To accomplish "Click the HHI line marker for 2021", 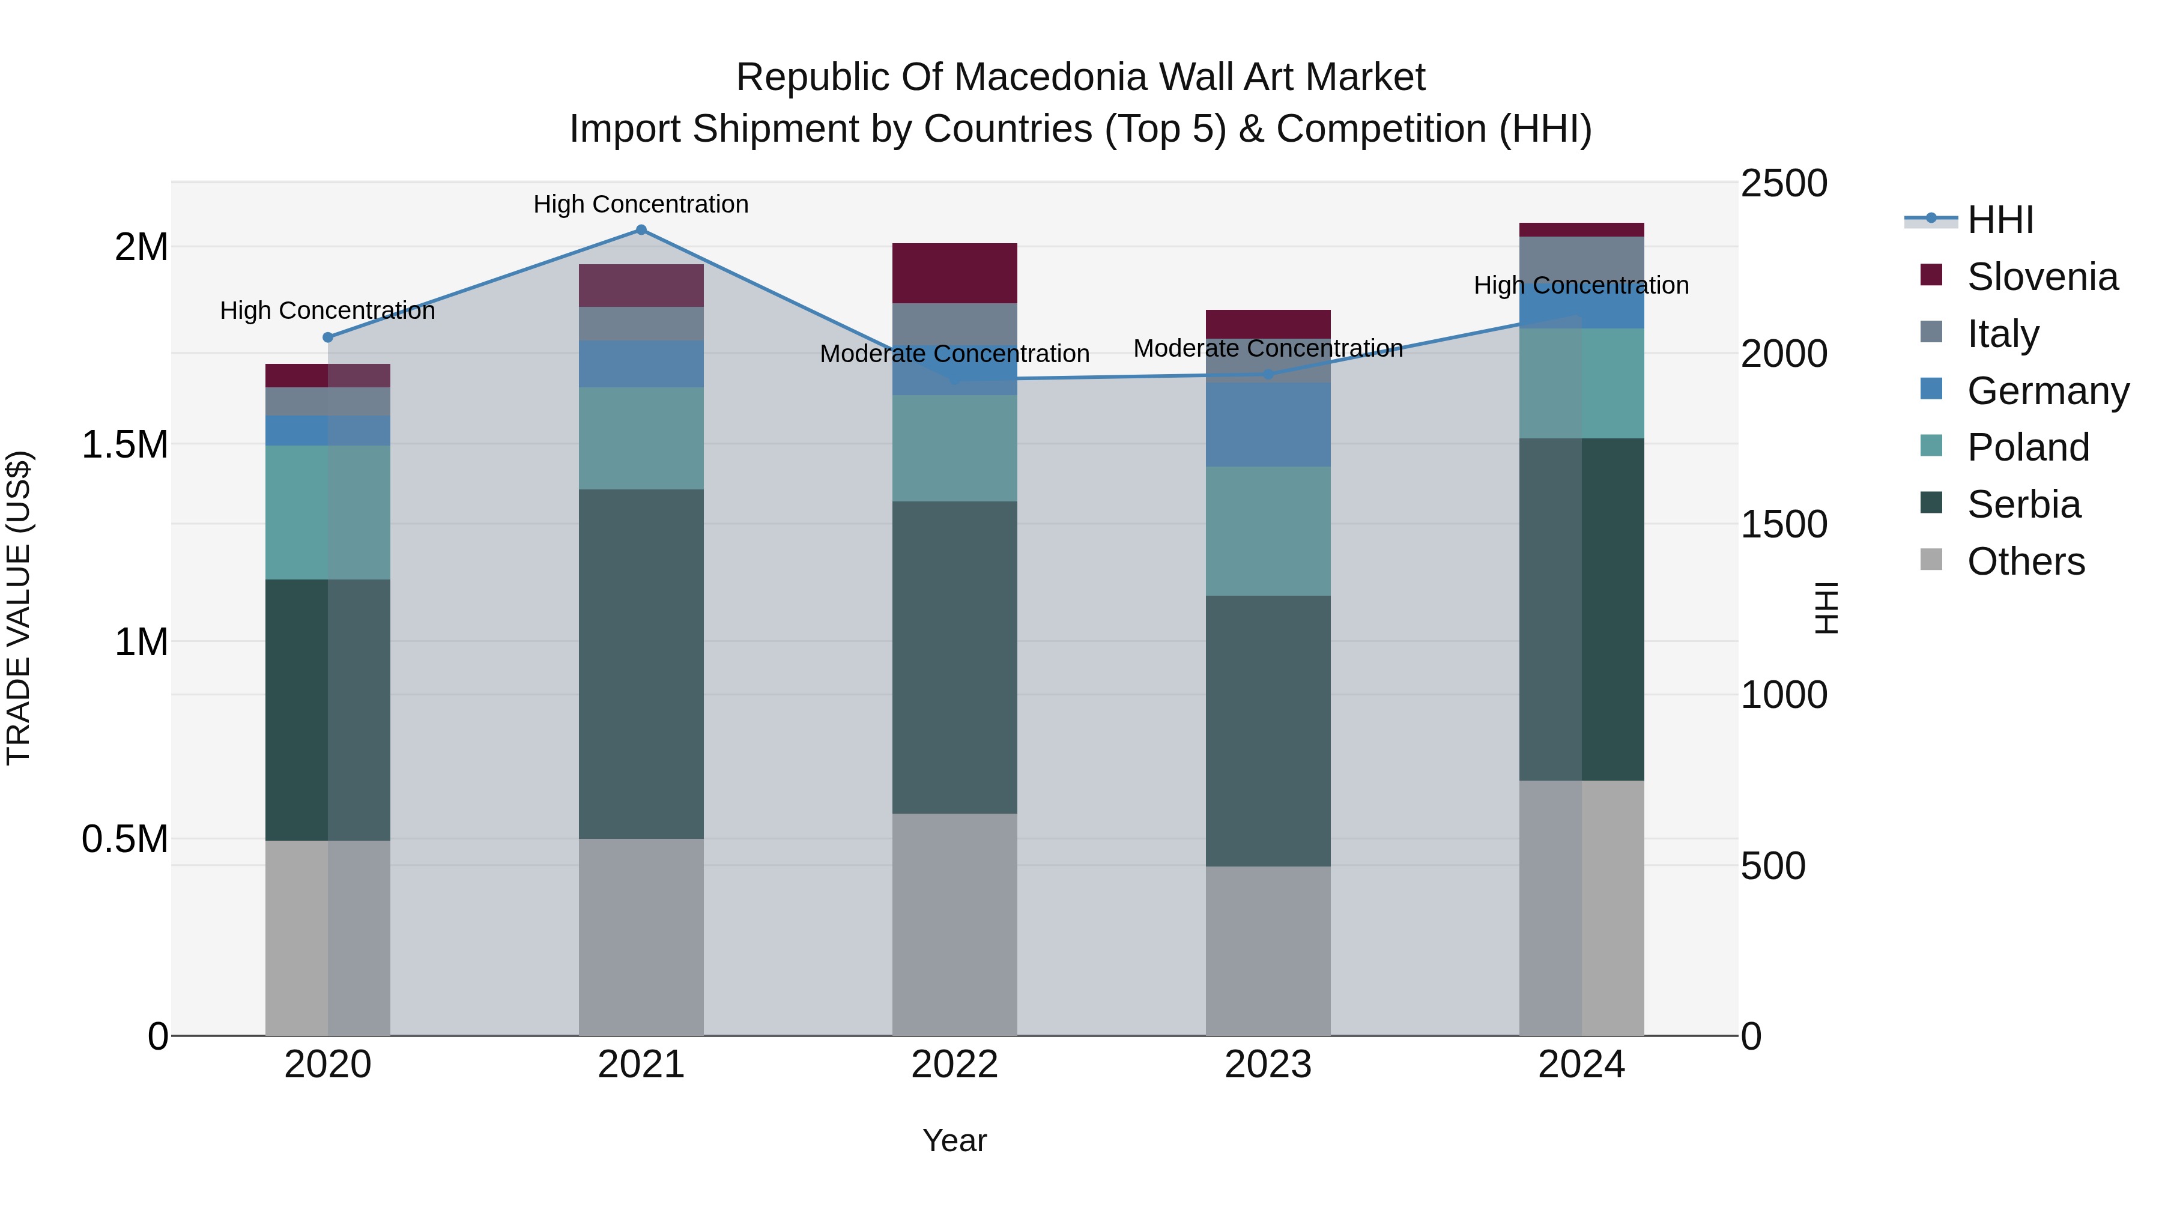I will tap(641, 229).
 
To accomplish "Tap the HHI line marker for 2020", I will tap(328, 337).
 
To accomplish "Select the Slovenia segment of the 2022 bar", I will tap(954, 273).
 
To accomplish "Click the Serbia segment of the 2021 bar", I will tap(641, 663).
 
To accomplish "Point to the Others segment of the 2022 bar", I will tap(954, 923).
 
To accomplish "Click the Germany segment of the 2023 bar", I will tap(1268, 424).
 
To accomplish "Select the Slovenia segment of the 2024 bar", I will tap(1581, 230).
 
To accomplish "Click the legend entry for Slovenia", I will tap(2041, 277).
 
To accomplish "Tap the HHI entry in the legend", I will tap(1999, 220).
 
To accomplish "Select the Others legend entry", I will tap(2024, 561).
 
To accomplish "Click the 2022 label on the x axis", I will tap(954, 1065).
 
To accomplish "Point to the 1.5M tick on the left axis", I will tap(125, 445).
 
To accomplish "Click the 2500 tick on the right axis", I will tap(1784, 184).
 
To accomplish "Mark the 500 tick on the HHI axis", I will tap(1773, 866).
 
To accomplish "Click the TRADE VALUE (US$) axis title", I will tap(19, 608).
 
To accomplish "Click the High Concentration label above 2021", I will tap(641, 204).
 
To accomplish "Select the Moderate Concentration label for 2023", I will tap(1268, 348).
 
